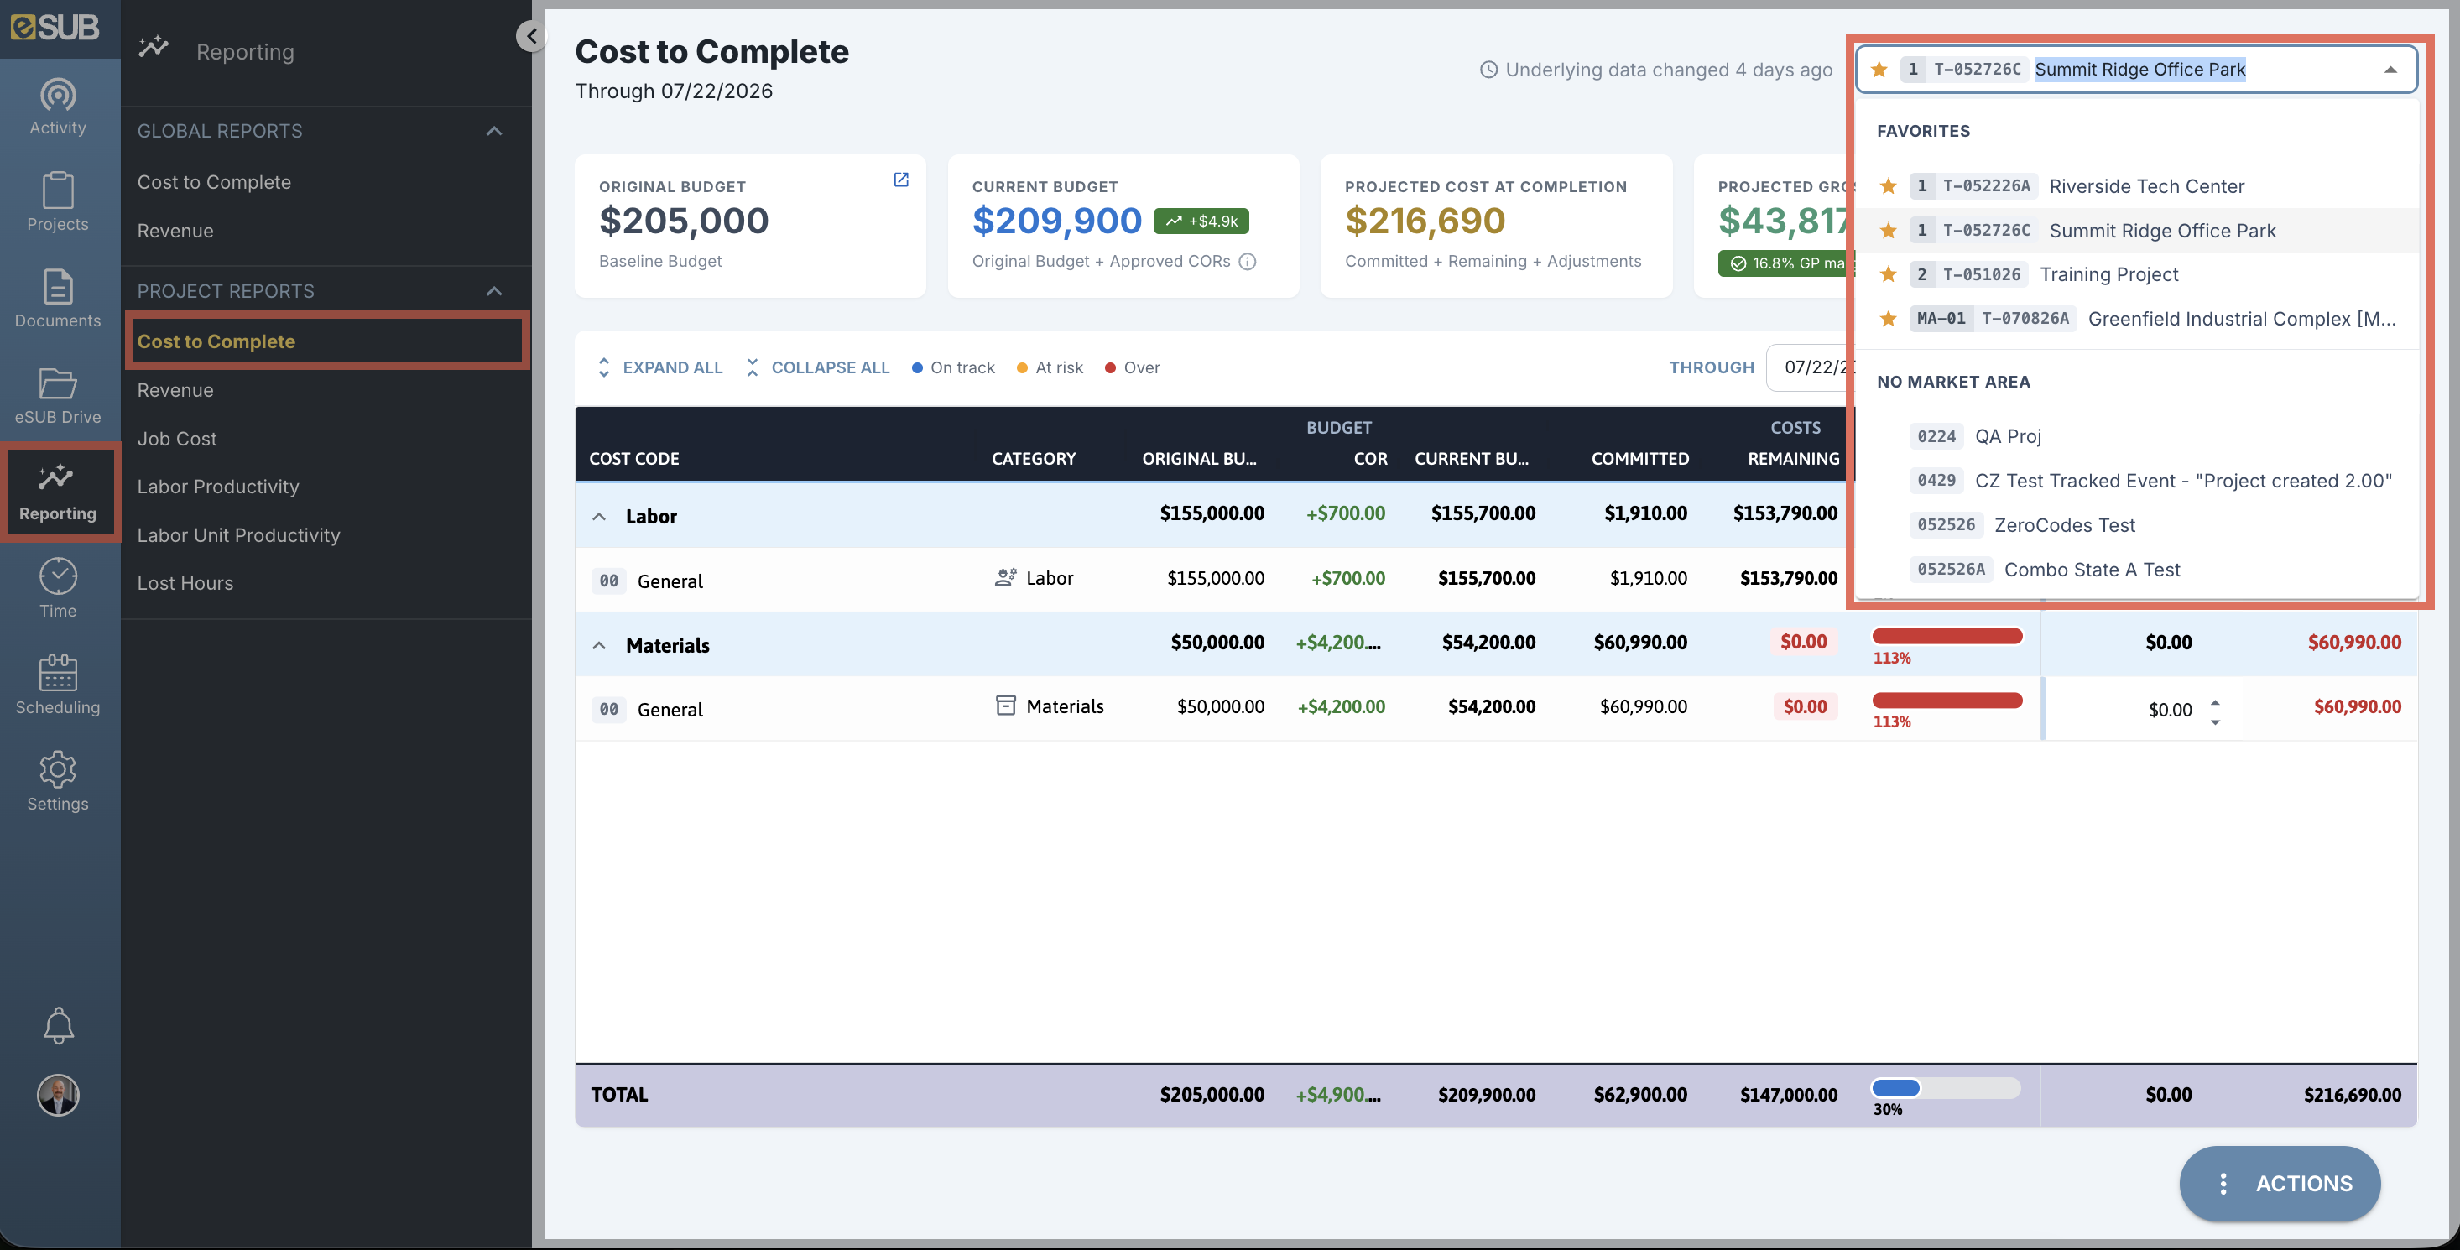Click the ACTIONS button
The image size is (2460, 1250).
(x=2280, y=1183)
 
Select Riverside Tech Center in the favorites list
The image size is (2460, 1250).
(x=2146, y=186)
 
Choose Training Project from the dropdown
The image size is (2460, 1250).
(x=2108, y=275)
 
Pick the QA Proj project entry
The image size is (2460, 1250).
(x=2007, y=436)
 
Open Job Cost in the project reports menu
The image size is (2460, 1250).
(x=177, y=438)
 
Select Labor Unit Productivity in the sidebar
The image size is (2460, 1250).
(x=237, y=534)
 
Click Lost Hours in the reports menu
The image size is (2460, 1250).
(x=185, y=582)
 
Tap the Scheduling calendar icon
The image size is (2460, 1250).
(x=57, y=672)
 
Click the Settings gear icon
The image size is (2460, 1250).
(x=57, y=768)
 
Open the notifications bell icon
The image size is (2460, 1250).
(x=58, y=1026)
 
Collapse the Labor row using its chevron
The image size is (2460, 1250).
(x=599, y=517)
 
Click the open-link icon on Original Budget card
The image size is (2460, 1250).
(x=900, y=180)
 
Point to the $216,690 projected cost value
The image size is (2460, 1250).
(x=1425, y=221)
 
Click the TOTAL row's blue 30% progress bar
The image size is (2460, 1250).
(x=1895, y=1087)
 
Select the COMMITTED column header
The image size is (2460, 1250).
(x=1639, y=458)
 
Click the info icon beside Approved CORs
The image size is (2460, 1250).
(x=1247, y=262)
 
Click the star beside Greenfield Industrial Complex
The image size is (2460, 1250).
(x=1888, y=319)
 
